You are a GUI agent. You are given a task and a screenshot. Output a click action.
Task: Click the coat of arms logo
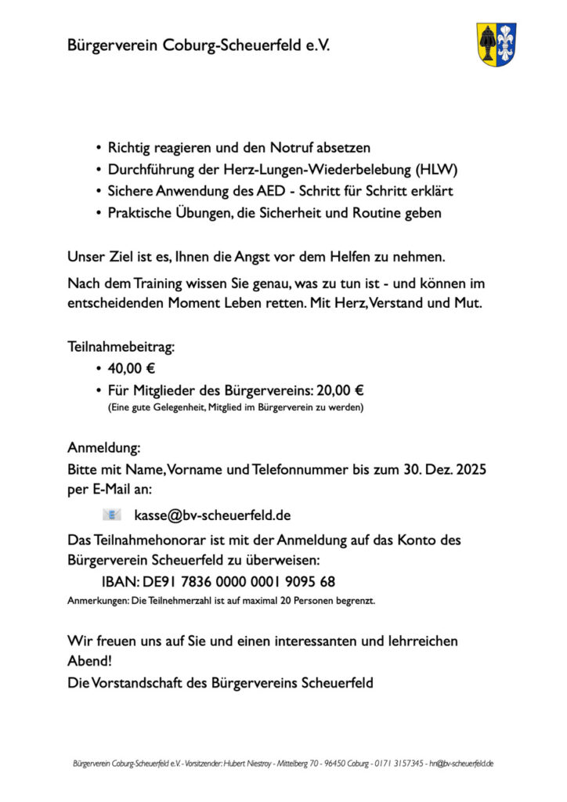coord(497,44)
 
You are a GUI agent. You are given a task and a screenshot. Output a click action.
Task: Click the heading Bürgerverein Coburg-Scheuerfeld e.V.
coord(198,46)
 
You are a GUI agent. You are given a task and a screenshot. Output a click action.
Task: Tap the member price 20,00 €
coord(343,390)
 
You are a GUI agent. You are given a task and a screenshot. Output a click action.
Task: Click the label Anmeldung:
coord(104,449)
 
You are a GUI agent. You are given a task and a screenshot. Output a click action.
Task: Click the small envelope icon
coord(112,515)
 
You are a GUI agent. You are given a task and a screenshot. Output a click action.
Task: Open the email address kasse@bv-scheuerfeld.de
coord(212,515)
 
